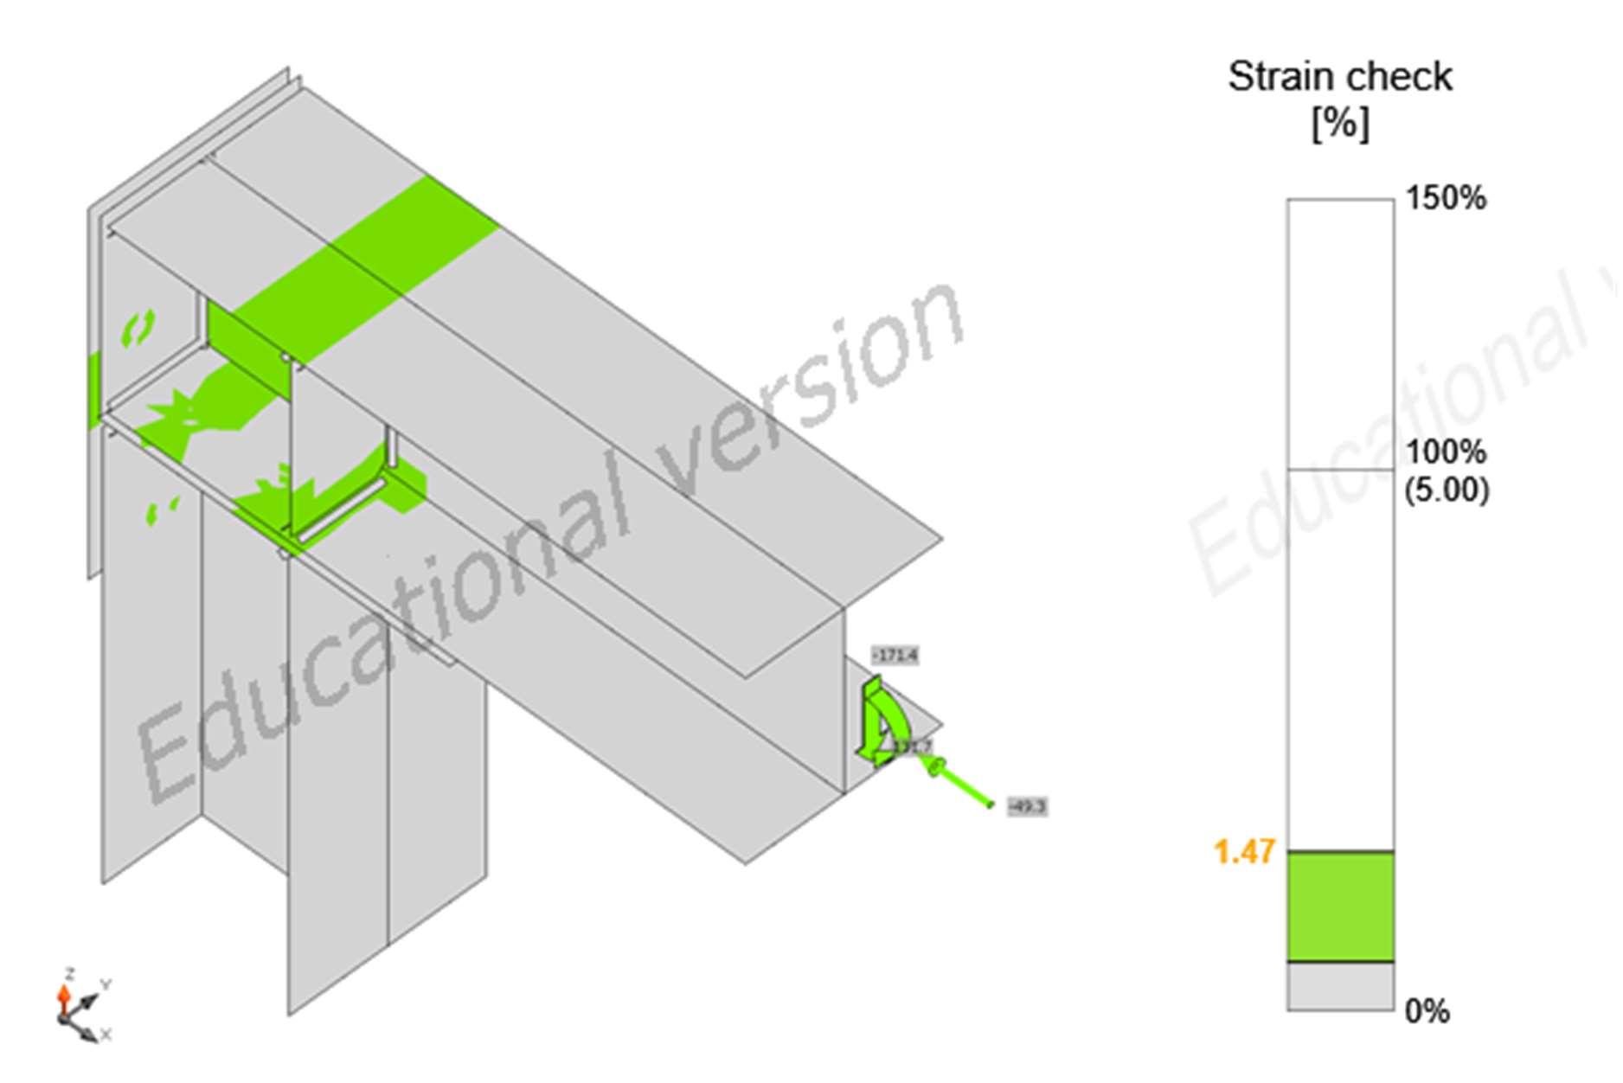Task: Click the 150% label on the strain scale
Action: coord(1445,198)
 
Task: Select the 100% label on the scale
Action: coord(1445,452)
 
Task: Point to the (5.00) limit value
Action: coord(1446,490)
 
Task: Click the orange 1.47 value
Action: coord(1244,852)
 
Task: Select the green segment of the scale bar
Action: coord(1340,906)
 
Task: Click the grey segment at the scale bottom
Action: coord(1340,986)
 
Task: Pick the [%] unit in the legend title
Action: coord(1340,124)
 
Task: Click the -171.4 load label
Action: coord(895,656)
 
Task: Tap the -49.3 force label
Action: coord(1028,806)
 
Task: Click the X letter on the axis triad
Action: coord(106,1034)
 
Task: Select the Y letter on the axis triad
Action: coord(106,984)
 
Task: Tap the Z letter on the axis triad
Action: coord(69,973)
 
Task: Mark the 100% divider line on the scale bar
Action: coord(1340,470)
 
